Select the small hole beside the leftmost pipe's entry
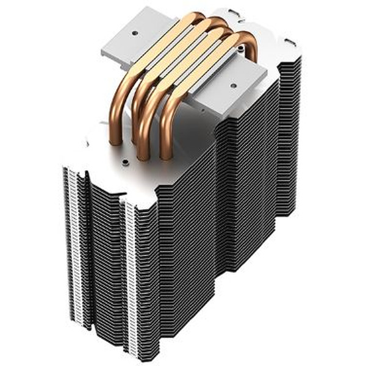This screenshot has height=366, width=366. (x=124, y=163)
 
